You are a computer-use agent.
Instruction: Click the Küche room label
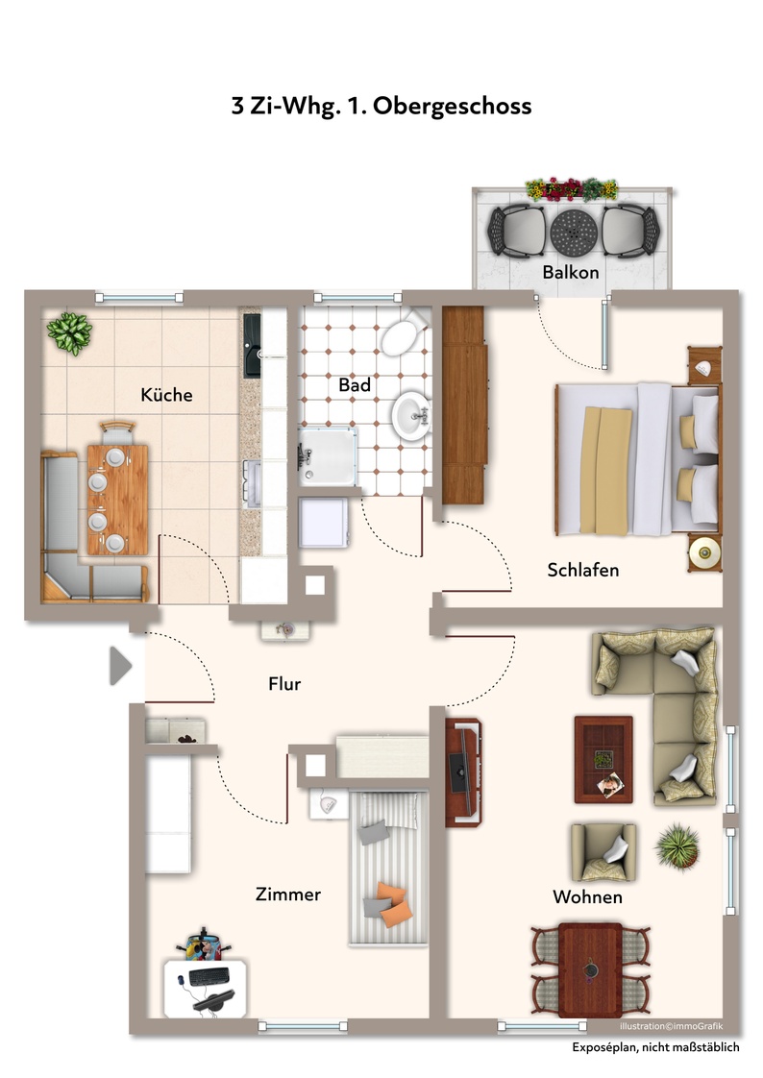[166, 395]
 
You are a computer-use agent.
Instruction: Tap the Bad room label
[355, 385]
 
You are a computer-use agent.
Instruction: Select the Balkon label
[571, 272]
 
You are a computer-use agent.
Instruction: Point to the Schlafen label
[583, 570]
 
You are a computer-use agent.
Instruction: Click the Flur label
[284, 684]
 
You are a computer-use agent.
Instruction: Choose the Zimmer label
[288, 894]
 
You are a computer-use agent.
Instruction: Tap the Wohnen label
[588, 897]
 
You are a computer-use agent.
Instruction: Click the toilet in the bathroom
[405, 331]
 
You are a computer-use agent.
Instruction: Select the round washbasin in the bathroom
[411, 416]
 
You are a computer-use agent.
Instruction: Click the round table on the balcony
[574, 232]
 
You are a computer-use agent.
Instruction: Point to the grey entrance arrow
[120, 666]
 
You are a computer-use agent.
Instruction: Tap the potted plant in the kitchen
[69, 333]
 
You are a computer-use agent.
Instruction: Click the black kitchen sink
[253, 345]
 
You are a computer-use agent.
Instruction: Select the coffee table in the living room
[603, 760]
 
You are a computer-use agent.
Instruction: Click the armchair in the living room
[603, 852]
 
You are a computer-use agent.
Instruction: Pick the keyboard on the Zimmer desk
[209, 976]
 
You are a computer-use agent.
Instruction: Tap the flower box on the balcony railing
[572, 188]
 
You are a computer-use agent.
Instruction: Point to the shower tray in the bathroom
[328, 455]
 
